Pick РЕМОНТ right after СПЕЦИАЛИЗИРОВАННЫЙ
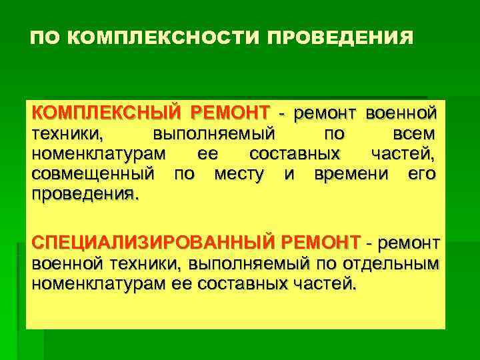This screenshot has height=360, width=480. click(321, 241)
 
